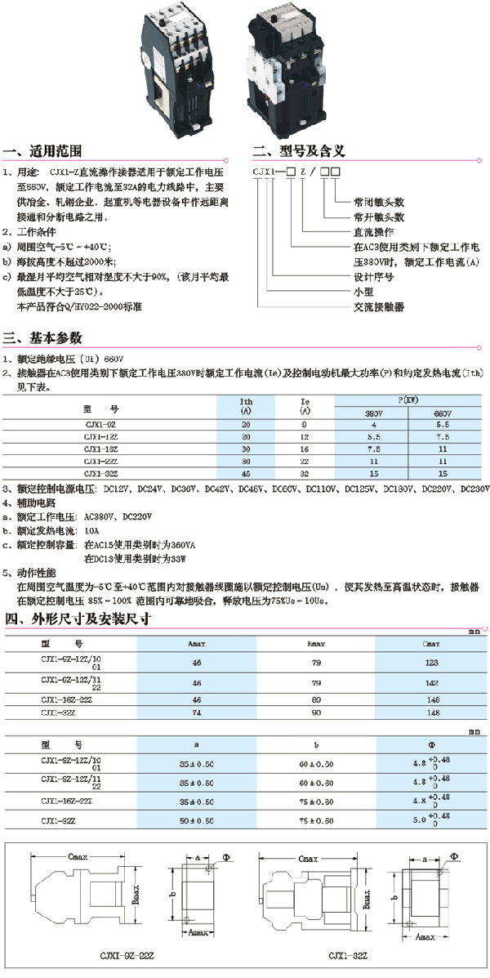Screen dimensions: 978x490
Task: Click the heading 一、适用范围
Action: pyautogui.click(x=42, y=152)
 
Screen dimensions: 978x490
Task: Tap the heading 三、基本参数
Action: pyautogui.click(x=42, y=337)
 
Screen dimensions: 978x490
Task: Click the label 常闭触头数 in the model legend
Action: pyautogui.click(x=379, y=201)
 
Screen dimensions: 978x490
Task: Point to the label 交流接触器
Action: pyautogui.click(x=379, y=306)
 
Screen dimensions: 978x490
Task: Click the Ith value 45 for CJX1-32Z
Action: pyautogui.click(x=246, y=473)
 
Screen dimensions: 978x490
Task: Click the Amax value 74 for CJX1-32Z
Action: pyautogui.click(x=196, y=712)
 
